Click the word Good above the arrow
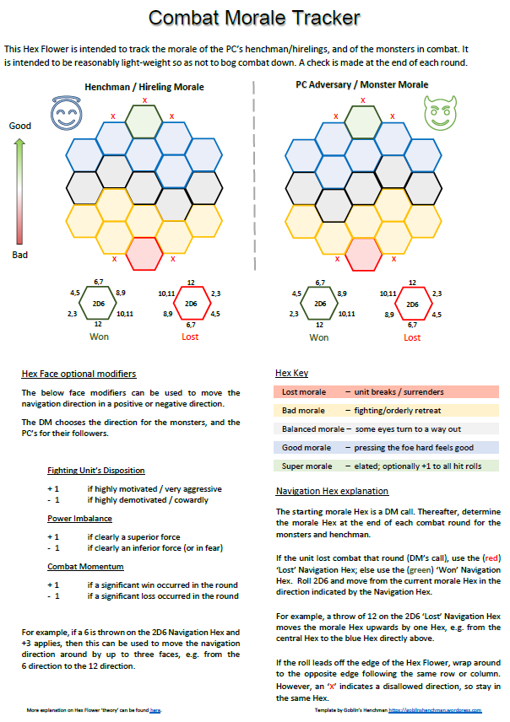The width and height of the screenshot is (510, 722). [x=20, y=126]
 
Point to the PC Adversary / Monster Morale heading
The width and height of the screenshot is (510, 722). [x=361, y=85]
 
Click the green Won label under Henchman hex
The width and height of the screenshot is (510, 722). [x=100, y=337]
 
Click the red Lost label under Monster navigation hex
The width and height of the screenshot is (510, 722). [x=412, y=337]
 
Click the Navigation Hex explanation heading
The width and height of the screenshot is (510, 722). [x=332, y=491]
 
